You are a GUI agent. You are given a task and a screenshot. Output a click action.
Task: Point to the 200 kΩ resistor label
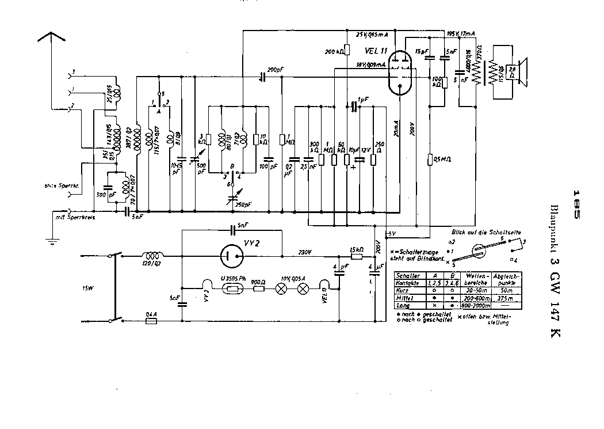(x=334, y=52)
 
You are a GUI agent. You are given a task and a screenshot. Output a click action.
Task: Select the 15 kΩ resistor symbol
(x=356, y=256)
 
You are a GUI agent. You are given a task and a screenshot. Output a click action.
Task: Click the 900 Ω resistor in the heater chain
(x=259, y=286)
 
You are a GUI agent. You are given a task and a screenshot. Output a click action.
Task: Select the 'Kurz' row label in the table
(x=403, y=291)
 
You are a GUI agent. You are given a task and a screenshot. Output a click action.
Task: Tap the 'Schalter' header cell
(x=406, y=276)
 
